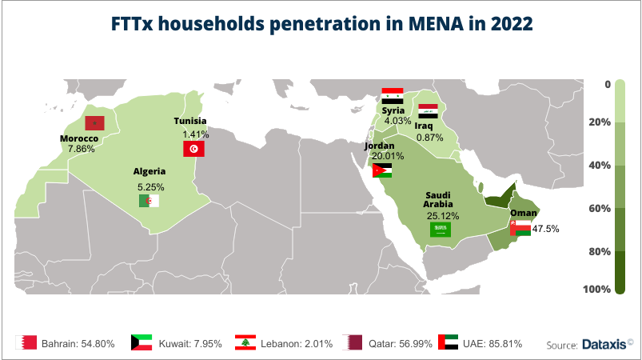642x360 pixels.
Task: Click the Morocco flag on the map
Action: (95, 122)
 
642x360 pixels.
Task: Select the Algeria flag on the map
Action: (149, 201)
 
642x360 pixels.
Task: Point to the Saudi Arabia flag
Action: (441, 230)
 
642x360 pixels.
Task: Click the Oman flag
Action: (519, 228)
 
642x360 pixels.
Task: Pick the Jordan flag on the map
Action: (381, 170)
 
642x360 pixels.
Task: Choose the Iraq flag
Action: (428, 111)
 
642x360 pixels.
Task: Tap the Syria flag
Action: (392, 95)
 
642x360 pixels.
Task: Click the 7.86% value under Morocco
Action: (81, 149)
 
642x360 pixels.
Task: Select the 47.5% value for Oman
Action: (545, 229)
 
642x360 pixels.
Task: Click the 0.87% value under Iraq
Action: (429, 138)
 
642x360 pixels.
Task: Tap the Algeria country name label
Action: (150, 171)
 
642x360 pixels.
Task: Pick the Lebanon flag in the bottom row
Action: (245, 342)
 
